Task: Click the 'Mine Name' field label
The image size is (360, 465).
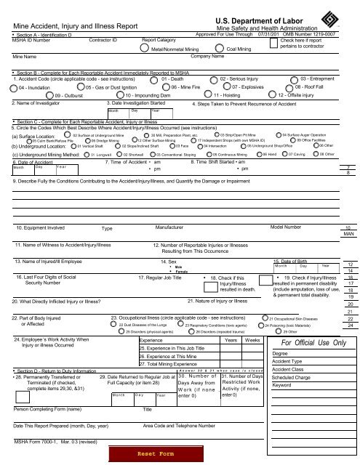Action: [25, 55]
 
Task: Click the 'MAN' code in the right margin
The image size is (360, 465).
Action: [348, 235]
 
